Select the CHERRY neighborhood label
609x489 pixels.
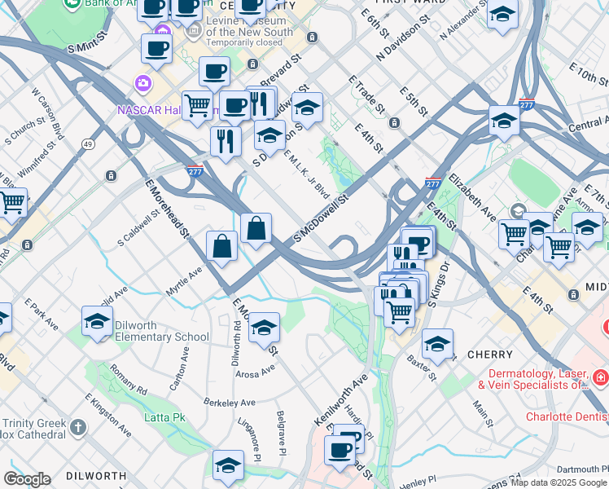coord(490,355)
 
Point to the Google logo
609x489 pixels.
coord(27,479)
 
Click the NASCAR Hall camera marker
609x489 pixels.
coord(144,84)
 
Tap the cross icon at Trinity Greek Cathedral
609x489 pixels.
coord(77,427)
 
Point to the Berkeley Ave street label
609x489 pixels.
coord(230,403)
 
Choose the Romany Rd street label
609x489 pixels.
coord(130,380)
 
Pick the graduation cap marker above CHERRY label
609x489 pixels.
coord(437,344)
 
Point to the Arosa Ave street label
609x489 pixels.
coord(256,372)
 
